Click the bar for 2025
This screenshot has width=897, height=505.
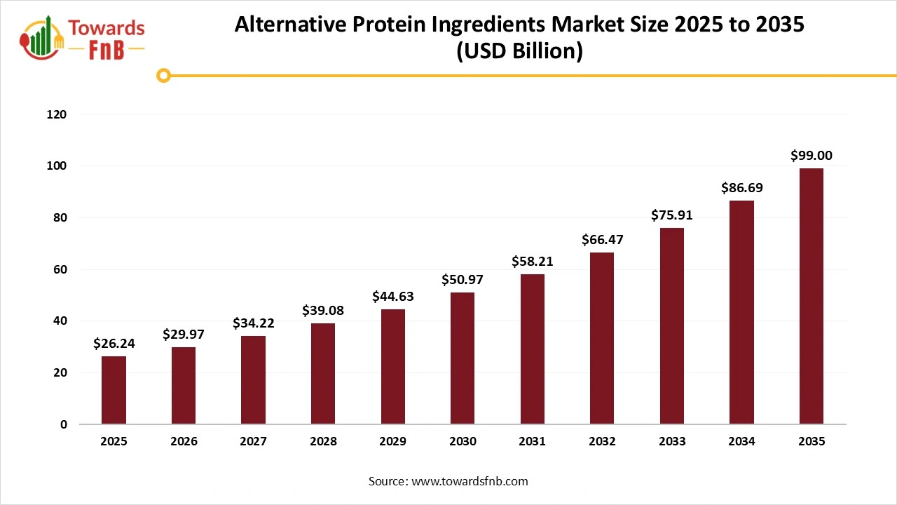point(114,390)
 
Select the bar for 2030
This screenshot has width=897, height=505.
point(463,358)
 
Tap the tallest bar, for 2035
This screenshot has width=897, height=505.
point(812,296)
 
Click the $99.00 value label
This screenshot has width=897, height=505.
point(812,156)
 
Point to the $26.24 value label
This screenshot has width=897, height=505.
point(114,344)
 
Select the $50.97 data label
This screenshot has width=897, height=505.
point(463,280)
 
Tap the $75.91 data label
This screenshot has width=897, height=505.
point(671,215)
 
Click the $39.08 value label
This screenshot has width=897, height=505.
point(323,310)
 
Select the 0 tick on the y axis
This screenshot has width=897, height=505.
point(63,424)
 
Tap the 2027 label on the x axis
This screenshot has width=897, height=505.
point(253,442)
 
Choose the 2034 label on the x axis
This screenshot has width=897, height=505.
point(741,442)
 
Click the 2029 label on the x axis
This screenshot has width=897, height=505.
point(392,442)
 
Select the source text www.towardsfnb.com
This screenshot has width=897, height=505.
point(470,481)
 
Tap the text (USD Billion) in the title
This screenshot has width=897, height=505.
point(519,52)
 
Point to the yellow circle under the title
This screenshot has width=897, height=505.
point(163,76)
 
